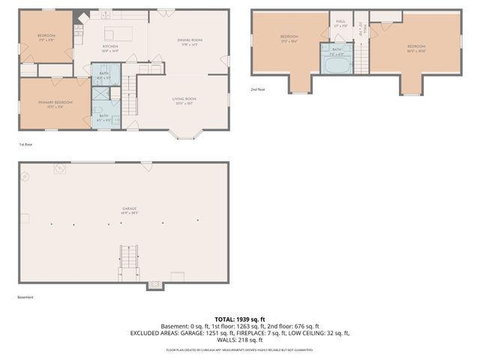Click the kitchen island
[x=118, y=33]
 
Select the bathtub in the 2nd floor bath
[x=336, y=67]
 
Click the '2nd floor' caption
[x=258, y=89]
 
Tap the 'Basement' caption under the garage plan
[x=25, y=297]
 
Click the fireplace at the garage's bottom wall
[x=154, y=284]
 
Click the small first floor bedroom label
[x=46, y=37]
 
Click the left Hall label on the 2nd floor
[x=340, y=23]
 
